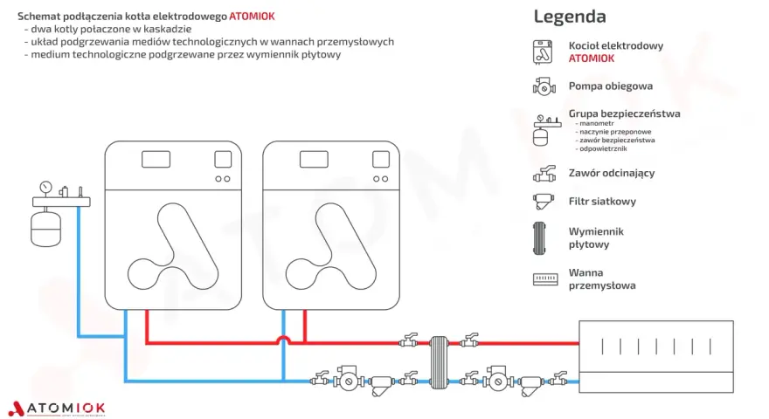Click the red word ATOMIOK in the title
(x=252, y=17)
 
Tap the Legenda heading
(x=570, y=17)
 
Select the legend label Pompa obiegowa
(x=611, y=86)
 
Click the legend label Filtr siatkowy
(x=602, y=202)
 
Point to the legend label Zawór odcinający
(x=612, y=173)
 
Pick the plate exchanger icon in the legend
(x=539, y=238)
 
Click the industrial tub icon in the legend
(x=545, y=279)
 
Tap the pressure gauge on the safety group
(x=45, y=187)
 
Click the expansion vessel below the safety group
(x=45, y=229)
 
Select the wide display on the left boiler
(x=156, y=159)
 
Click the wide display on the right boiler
(x=314, y=159)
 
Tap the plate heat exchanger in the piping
(x=439, y=362)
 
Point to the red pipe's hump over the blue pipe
(x=283, y=338)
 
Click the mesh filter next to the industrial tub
(x=531, y=384)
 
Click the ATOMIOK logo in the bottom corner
(x=57, y=409)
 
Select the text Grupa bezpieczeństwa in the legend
(x=624, y=113)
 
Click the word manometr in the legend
(x=596, y=123)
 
